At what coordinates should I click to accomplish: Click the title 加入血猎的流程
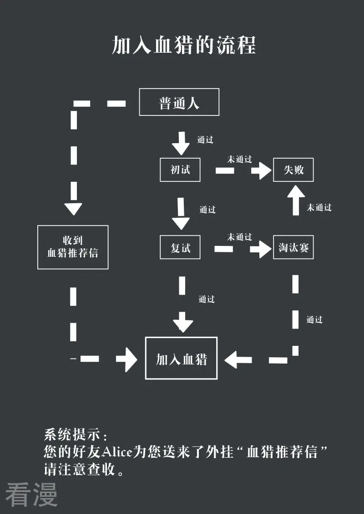click(x=184, y=45)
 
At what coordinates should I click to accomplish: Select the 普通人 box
click(x=179, y=102)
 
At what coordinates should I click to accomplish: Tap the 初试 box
click(x=180, y=170)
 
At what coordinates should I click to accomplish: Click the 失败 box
click(x=293, y=170)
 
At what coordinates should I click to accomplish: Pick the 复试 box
click(x=180, y=248)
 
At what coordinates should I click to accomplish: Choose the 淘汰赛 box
click(x=293, y=248)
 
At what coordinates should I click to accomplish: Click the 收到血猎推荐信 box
click(x=73, y=247)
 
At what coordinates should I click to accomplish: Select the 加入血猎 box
click(x=181, y=358)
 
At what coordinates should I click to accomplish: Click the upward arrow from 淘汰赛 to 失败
click(x=296, y=200)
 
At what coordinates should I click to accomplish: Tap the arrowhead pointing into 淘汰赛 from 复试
click(x=261, y=249)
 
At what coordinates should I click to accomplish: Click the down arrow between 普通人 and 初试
click(x=181, y=143)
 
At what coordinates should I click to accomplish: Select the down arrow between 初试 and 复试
click(x=181, y=214)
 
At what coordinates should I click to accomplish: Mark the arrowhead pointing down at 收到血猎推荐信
click(x=73, y=209)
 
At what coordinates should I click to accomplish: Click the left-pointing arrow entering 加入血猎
click(x=238, y=360)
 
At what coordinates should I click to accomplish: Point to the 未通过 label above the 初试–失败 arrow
click(x=240, y=160)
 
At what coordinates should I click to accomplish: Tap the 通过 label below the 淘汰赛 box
click(x=314, y=319)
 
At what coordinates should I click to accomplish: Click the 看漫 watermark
click(x=31, y=494)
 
